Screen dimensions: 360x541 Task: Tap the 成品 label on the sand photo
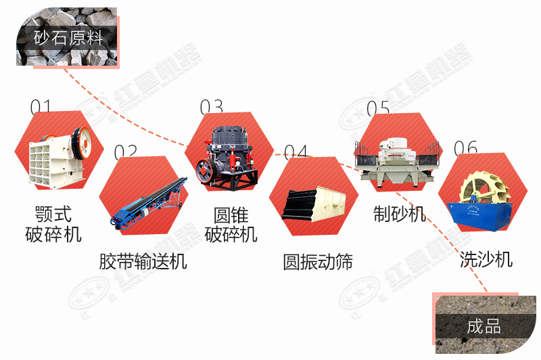click(x=484, y=327)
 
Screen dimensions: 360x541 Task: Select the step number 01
click(x=41, y=107)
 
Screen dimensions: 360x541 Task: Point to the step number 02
click(x=125, y=152)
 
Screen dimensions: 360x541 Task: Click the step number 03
click(x=211, y=107)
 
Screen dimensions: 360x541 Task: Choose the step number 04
click(x=296, y=152)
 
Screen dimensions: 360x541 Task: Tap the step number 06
click(x=465, y=148)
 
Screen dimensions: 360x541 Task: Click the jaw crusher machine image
click(x=60, y=153)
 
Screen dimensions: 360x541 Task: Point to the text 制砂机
click(x=400, y=214)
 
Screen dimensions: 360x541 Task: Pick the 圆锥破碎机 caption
click(x=231, y=225)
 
